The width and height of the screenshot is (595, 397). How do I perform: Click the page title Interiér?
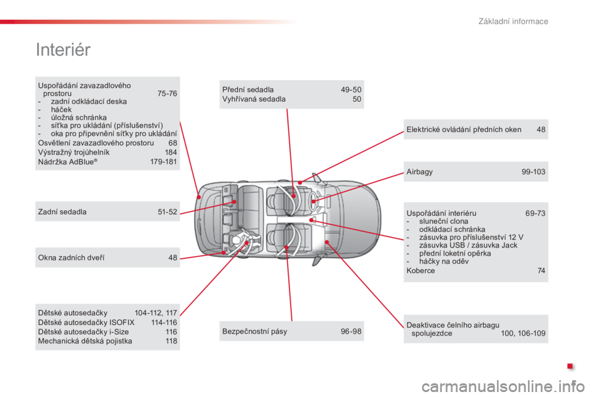(63, 50)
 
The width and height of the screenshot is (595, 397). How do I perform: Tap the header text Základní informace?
(513, 21)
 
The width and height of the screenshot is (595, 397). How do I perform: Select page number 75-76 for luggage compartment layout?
(167, 94)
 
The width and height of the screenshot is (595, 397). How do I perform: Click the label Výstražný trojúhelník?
(74, 153)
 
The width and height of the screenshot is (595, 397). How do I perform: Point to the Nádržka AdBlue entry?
(68, 162)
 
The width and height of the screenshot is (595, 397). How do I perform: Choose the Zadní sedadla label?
(62, 212)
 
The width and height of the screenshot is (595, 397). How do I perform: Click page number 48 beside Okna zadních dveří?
(173, 258)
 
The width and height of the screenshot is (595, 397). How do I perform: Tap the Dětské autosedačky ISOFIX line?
(86, 323)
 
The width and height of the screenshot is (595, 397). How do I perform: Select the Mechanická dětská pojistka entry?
(85, 341)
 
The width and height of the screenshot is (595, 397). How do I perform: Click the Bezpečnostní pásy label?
(255, 331)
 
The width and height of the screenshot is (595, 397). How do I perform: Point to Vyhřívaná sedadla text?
(254, 99)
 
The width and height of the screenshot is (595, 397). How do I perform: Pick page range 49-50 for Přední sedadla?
(351, 90)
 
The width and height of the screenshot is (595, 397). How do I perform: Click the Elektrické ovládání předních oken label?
(464, 130)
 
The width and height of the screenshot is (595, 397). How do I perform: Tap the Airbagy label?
(420, 172)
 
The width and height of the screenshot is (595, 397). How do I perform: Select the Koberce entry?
(420, 271)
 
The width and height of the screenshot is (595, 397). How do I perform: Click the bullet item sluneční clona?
(444, 221)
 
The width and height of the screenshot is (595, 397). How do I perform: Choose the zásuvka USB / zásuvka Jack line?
(468, 246)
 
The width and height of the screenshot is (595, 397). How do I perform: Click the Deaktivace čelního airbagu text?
(452, 325)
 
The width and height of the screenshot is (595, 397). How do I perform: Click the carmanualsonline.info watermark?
(503, 386)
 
